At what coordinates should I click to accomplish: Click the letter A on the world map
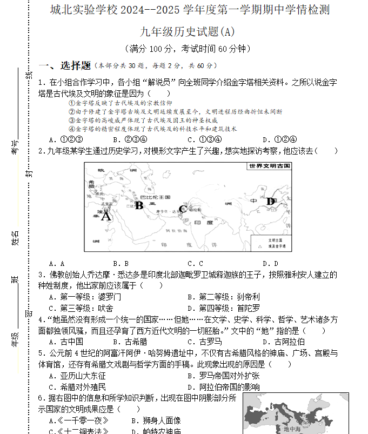[x=106, y=216]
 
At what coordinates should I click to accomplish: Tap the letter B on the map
[x=139, y=205]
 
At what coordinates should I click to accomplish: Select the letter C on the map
[x=183, y=210]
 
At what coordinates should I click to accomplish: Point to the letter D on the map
[x=270, y=202]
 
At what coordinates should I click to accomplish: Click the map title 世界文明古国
[x=270, y=166]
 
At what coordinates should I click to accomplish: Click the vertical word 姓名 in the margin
[x=15, y=238]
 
